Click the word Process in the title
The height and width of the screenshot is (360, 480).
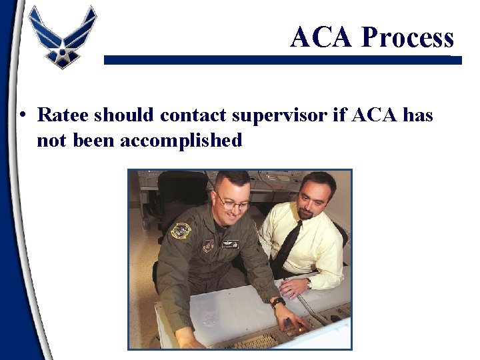pos(407,37)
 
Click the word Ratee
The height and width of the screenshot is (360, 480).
pos(63,115)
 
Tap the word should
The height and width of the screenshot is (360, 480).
pos(125,115)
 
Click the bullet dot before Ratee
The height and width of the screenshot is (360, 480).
pos(23,115)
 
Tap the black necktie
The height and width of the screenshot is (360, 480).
pos(287,247)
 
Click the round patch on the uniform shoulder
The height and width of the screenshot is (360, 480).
pos(180,231)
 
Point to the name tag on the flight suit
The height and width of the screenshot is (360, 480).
pos(230,244)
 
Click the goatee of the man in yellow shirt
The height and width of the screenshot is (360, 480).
pos(306,214)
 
